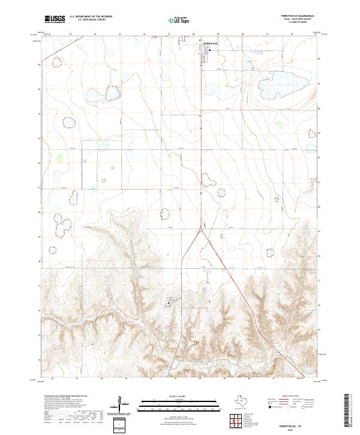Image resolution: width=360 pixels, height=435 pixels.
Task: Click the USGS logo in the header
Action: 55,20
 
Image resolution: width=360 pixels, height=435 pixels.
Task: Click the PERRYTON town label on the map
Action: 212,43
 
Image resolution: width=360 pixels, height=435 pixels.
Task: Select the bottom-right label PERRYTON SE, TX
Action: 287,423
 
